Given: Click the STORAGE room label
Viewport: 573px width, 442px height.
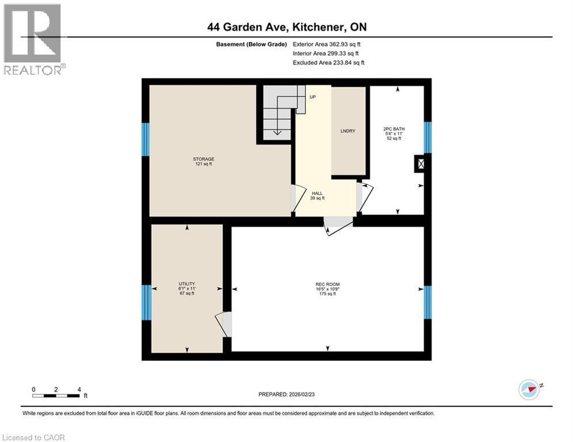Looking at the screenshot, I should click(203, 159).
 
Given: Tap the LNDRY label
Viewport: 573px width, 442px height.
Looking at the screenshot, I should click(348, 131).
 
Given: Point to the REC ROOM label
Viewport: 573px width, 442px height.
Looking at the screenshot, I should click(327, 284).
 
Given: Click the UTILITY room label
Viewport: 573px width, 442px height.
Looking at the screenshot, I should click(187, 284).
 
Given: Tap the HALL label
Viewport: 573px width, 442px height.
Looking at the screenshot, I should click(317, 194).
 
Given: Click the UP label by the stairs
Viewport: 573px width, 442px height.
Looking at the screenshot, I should click(313, 97).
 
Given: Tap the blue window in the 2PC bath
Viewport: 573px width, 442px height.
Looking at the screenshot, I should click(427, 138).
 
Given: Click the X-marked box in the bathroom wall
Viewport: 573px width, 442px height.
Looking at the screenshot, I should click(421, 165).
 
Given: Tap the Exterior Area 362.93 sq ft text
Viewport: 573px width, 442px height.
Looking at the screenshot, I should click(327, 44).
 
